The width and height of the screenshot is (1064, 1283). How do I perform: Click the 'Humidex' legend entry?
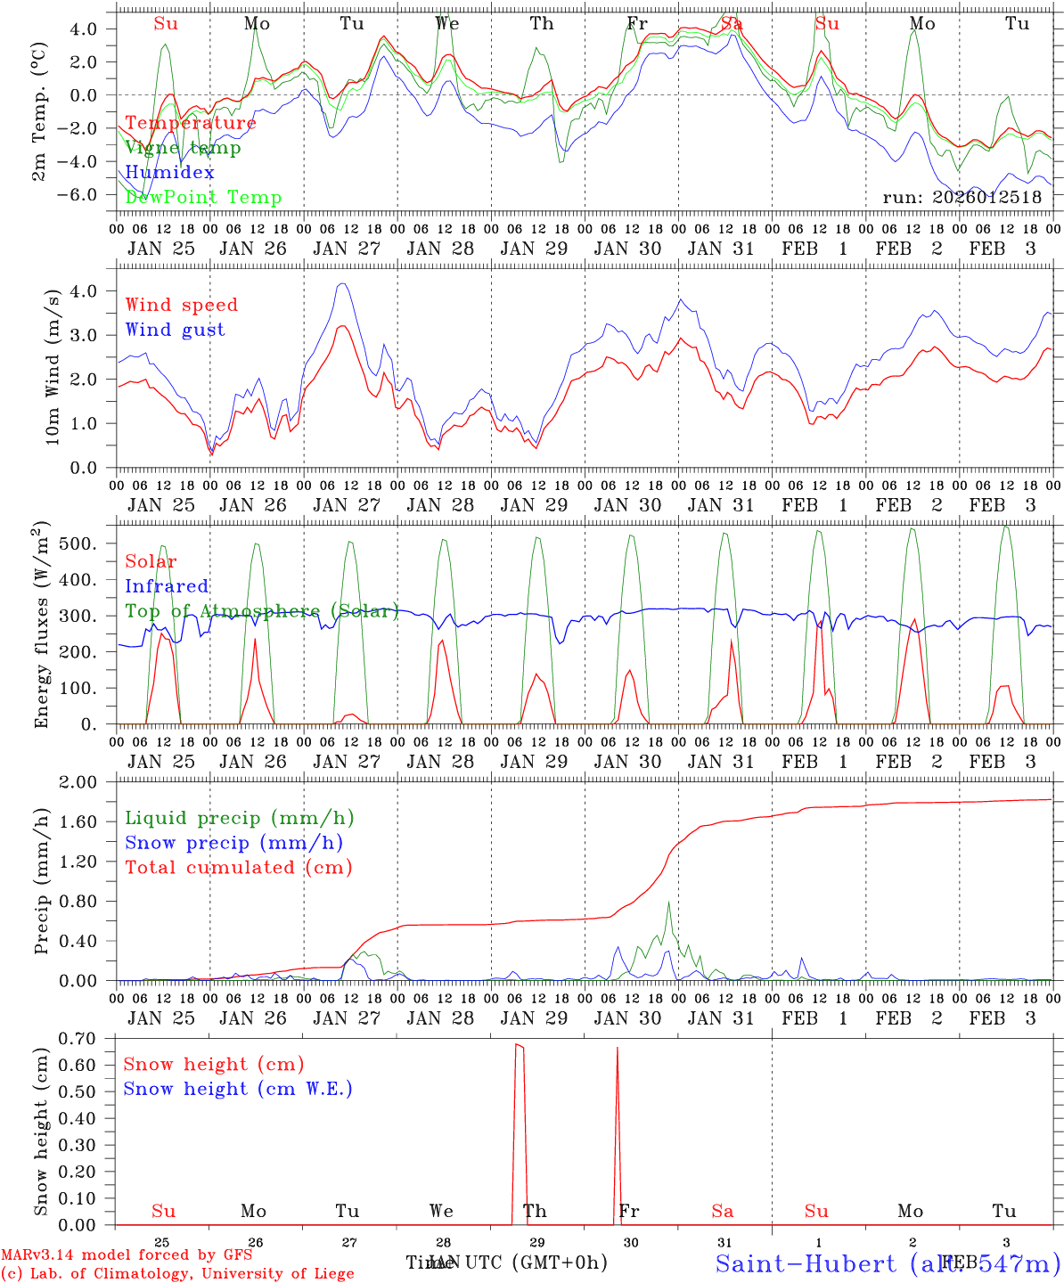click(x=169, y=173)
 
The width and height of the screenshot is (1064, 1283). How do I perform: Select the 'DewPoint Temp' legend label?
click(x=203, y=198)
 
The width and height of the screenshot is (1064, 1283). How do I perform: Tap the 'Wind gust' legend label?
click(x=175, y=330)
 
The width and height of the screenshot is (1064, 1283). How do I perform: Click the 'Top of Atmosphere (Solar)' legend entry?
click(x=262, y=611)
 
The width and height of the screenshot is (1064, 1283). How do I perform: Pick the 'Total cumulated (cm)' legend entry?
click(x=238, y=867)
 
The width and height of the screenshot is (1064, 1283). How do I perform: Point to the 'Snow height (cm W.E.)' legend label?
click(x=237, y=1089)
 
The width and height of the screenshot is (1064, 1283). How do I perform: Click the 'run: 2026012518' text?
click(x=962, y=198)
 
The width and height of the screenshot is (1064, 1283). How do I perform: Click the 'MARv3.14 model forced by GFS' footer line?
click(x=126, y=1254)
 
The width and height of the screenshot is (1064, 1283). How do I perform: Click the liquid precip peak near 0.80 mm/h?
click(x=668, y=902)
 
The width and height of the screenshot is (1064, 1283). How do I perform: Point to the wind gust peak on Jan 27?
click(x=342, y=284)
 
